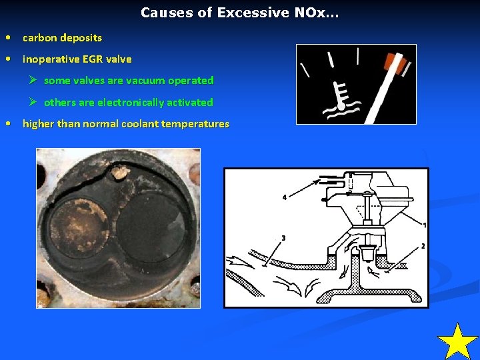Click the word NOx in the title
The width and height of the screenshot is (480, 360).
click(315, 13)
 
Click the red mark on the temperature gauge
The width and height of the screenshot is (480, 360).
click(393, 63)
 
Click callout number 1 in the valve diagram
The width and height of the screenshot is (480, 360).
click(424, 225)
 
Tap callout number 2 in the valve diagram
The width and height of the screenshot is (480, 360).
click(423, 247)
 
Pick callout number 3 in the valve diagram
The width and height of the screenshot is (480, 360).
click(283, 238)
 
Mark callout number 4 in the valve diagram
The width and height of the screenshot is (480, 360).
click(284, 198)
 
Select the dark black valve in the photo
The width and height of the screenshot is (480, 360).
click(152, 229)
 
